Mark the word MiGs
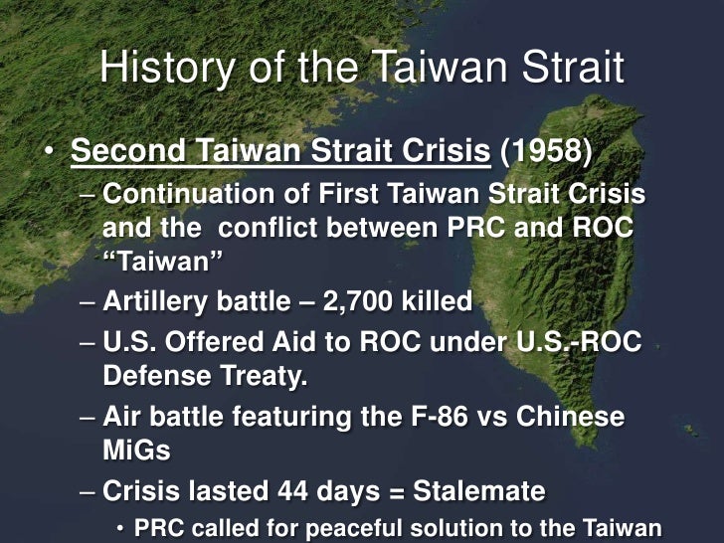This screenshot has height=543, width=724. click(x=136, y=450)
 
